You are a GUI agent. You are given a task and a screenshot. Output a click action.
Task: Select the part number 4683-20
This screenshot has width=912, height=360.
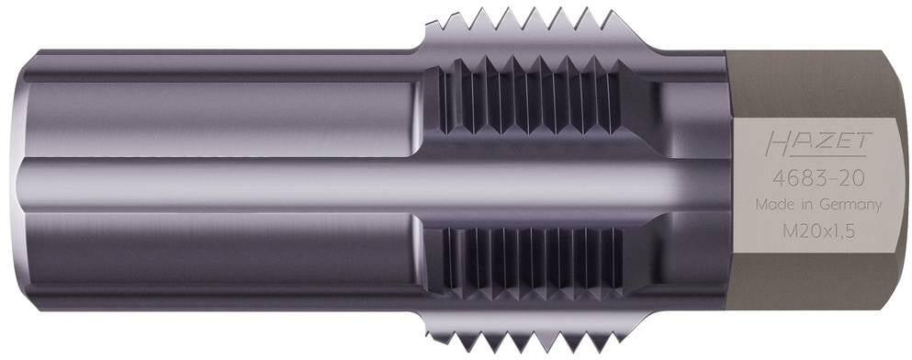pyautogui.click(x=818, y=178)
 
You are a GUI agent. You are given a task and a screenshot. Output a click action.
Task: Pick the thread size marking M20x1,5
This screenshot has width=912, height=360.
pyautogui.click(x=817, y=231)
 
